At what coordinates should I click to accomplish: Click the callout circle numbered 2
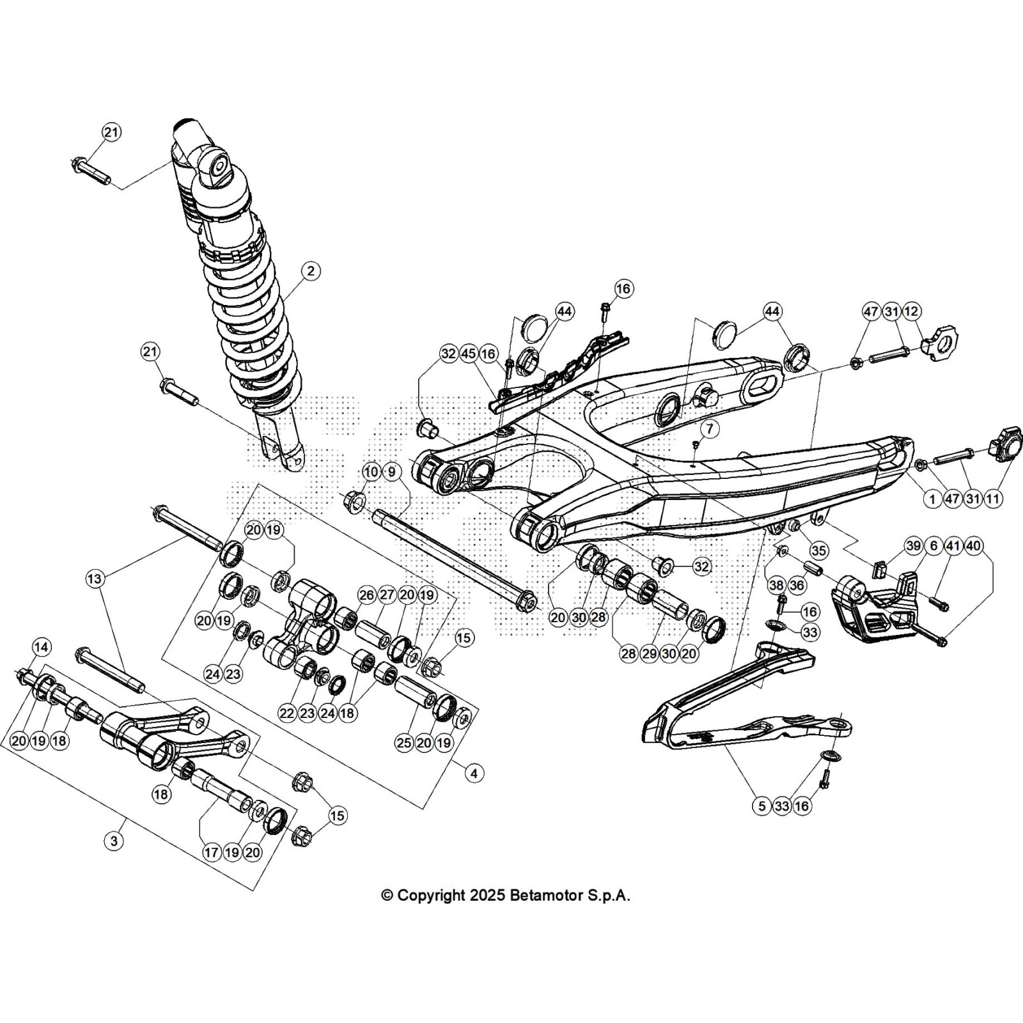(311, 271)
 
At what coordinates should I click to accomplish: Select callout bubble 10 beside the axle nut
(371, 472)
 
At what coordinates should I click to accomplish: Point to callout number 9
(391, 472)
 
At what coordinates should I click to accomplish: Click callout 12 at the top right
(912, 312)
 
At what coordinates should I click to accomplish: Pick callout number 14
(41, 647)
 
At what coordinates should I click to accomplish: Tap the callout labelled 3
(114, 840)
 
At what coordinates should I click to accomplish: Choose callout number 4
(474, 774)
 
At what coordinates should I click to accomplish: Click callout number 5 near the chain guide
(761, 806)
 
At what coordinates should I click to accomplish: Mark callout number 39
(914, 545)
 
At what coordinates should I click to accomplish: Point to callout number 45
(469, 354)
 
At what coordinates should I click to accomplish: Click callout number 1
(932, 499)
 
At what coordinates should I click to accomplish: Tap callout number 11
(993, 499)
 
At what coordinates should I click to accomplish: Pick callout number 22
(287, 713)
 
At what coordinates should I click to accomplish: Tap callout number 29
(649, 653)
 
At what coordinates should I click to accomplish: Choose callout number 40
(973, 545)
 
